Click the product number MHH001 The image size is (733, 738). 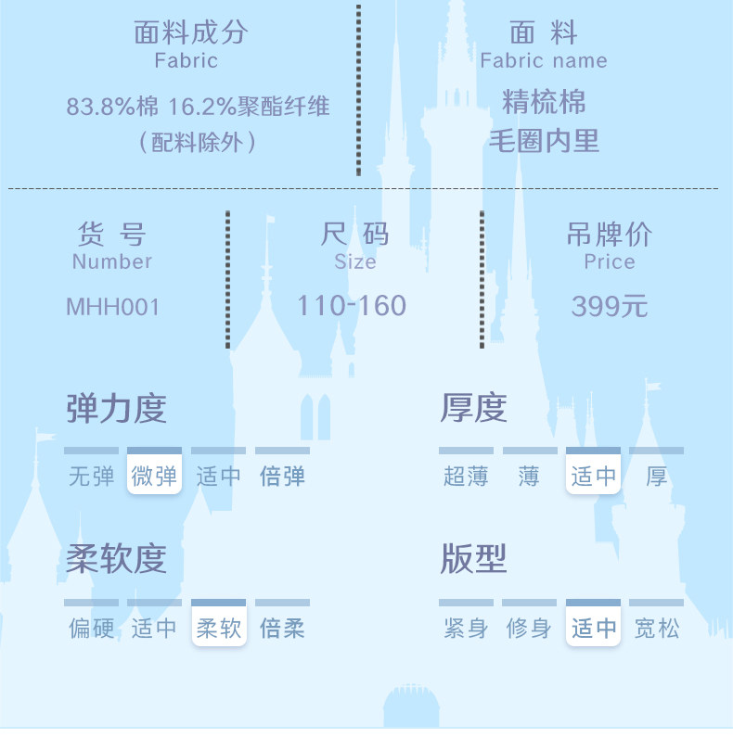tap(112, 307)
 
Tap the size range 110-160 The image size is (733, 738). tap(352, 305)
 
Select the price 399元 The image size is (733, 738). tap(609, 306)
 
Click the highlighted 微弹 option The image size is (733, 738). tap(154, 477)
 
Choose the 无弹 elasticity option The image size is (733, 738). tap(91, 477)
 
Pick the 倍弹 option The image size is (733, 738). tap(282, 477)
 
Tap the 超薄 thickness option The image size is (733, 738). tap(466, 477)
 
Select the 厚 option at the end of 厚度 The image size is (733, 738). tap(656, 477)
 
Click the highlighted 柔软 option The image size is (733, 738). tap(219, 629)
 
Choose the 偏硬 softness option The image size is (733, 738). tap(91, 629)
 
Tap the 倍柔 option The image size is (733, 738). tap(282, 629)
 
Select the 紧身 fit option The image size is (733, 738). tap(466, 629)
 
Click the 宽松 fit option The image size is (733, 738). tap(656, 629)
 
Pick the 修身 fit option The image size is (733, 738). tap(529, 629)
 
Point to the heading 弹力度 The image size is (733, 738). tap(116, 409)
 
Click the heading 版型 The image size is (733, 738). tap(473, 560)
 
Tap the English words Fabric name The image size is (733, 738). tap(544, 61)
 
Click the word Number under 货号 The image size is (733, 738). tap(111, 261)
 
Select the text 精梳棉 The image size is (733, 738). tap(544, 101)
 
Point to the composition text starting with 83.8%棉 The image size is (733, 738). tap(198, 107)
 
